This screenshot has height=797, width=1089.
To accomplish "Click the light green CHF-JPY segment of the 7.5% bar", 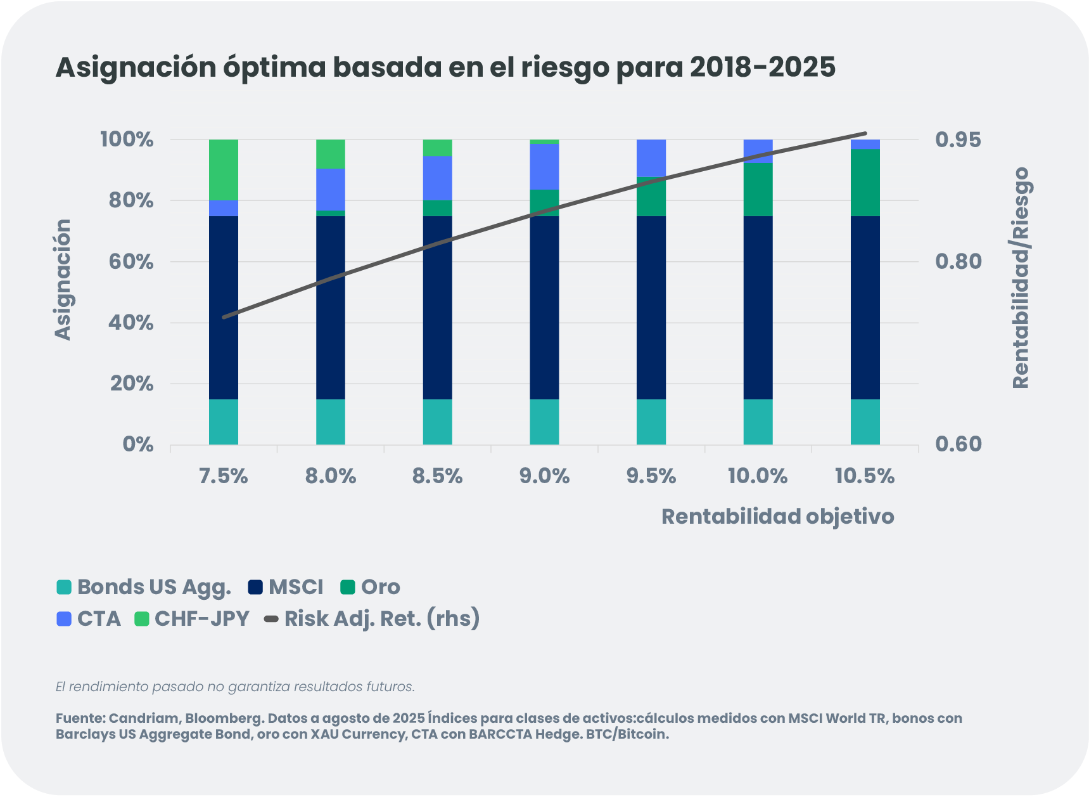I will click(x=224, y=169).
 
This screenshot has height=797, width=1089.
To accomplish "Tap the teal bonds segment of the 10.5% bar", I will click(x=865, y=422).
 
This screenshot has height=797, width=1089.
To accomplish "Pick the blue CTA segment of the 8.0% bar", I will click(x=331, y=189).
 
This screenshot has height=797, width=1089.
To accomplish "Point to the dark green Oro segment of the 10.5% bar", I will click(x=865, y=183).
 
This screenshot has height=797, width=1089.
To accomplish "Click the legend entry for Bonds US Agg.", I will click(x=144, y=587).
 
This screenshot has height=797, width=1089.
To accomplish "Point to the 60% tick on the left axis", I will click(x=131, y=262).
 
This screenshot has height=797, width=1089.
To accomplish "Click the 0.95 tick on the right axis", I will click(x=958, y=139).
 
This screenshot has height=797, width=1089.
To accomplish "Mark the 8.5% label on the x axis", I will click(x=438, y=476).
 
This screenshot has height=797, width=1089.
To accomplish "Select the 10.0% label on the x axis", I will click(x=758, y=476).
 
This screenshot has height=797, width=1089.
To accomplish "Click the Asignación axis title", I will click(x=63, y=280).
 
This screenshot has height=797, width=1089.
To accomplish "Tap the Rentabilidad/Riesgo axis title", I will click(x=1021, y=278).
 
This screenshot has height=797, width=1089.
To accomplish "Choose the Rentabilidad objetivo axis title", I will click(x=777, y=517).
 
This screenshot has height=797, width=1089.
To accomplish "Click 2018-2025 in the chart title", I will click(x=763, y=67).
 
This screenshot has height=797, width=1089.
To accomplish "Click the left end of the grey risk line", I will click(x=224, y=317).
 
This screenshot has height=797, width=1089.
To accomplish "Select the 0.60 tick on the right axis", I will click(x=958, y=444).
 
